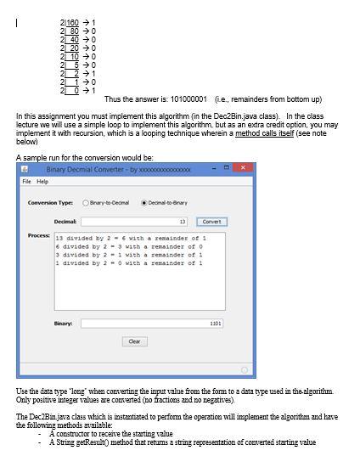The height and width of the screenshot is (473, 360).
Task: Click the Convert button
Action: (212, 222)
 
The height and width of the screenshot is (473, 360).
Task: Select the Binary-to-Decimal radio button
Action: (86, 203)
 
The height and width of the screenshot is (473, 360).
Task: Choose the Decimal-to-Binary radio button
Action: (144, 203)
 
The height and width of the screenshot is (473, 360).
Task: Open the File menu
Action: (26, 182)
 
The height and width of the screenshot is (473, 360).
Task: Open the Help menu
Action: (42, 182)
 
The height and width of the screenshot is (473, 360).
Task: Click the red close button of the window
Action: (243, 169)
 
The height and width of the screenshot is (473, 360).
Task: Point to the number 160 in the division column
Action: (71, 22)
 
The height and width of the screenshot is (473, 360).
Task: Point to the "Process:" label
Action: (38, 235)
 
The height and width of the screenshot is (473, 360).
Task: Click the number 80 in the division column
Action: (73, 31)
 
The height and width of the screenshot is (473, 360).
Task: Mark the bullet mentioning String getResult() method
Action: (183, 442)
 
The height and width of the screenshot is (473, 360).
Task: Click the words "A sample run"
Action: (37, 158)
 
